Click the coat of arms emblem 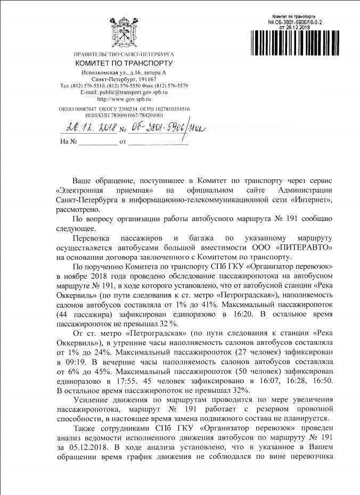(x=124, y=33)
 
